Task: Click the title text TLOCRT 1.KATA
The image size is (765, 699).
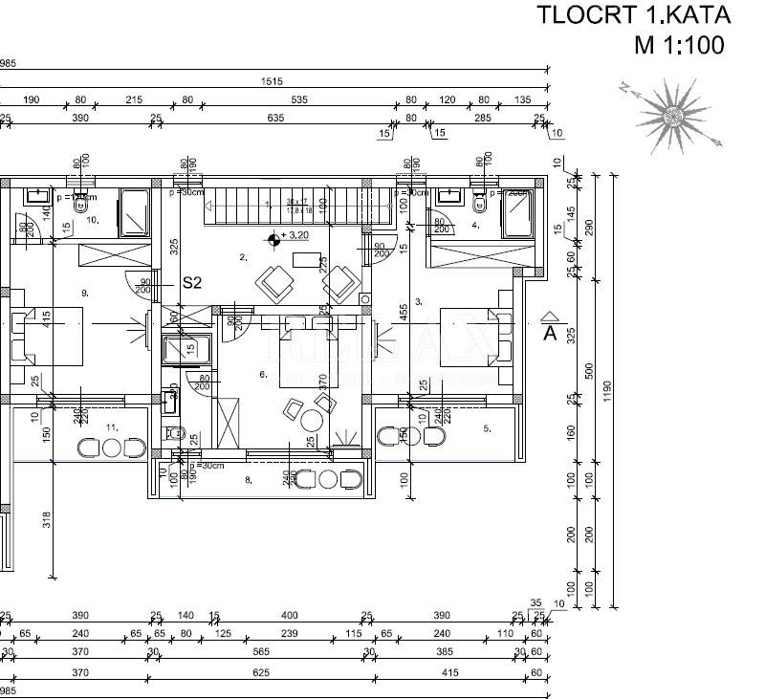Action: [633, 14]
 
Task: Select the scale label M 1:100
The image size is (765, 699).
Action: [680, 44]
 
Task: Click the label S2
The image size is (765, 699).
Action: [194, 283]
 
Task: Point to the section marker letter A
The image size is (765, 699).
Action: [550, 333]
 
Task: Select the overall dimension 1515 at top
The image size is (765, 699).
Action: [272, 82]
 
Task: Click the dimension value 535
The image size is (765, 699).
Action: [298, 99]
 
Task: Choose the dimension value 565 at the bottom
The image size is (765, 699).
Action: [261, 651]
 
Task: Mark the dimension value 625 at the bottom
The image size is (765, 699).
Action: [261, 673]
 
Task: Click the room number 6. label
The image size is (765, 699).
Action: [263, 374]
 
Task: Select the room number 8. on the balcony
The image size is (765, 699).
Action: [248, 479]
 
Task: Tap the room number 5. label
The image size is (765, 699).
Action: [486, 428]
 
